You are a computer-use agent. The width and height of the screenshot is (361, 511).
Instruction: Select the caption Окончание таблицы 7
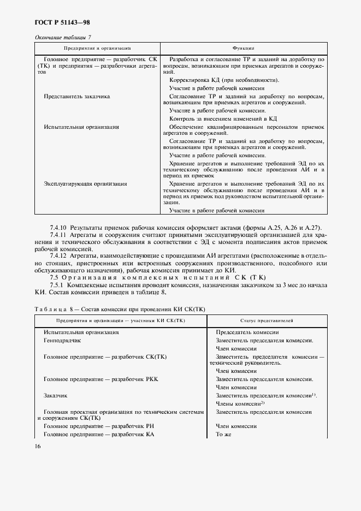63,37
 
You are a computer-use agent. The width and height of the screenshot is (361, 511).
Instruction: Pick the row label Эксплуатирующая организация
85,184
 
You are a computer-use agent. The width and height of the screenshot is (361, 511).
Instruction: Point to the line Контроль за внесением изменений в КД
223,118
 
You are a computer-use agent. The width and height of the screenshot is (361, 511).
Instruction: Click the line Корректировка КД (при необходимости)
224,80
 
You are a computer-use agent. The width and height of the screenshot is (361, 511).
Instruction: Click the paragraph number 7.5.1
57,285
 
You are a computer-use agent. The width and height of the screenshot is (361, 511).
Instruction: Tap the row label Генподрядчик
62,340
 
